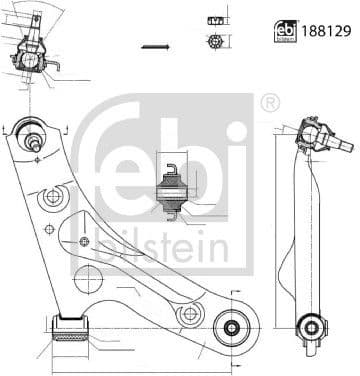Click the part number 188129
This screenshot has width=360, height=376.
(x=326, y=31)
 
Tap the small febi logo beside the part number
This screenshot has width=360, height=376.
(x=286, y=31)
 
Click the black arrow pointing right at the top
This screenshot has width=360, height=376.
(x=155, y=47)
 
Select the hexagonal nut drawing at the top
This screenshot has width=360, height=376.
(x=215, y=41)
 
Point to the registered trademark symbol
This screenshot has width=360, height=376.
(x=269, y=104)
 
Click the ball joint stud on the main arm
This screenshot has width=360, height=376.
(x=34, y=141)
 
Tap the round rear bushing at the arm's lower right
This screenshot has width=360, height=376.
(x=231, y=328)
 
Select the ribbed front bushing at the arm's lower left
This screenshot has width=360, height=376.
(x=71, y=329)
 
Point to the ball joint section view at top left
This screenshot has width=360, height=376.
(x=32, y=53)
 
